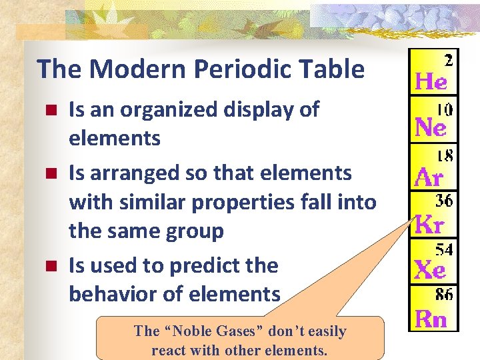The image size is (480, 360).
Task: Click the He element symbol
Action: point(431,82)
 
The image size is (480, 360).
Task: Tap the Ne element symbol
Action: point(431,127)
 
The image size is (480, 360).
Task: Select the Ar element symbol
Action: point(429,177)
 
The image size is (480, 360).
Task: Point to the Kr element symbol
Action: point(429,225)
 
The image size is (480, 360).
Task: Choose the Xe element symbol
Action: point(430,270)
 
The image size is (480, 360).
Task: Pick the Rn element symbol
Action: point(431,319)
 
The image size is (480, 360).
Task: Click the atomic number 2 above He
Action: point(448,61)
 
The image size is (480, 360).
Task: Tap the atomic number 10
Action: point(445,107)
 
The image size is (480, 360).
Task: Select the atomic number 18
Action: point(445,155)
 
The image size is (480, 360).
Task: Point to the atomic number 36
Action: point(445,201)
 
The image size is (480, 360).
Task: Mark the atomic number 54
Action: point(445,249)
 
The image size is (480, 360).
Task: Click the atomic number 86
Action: point(445,294)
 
